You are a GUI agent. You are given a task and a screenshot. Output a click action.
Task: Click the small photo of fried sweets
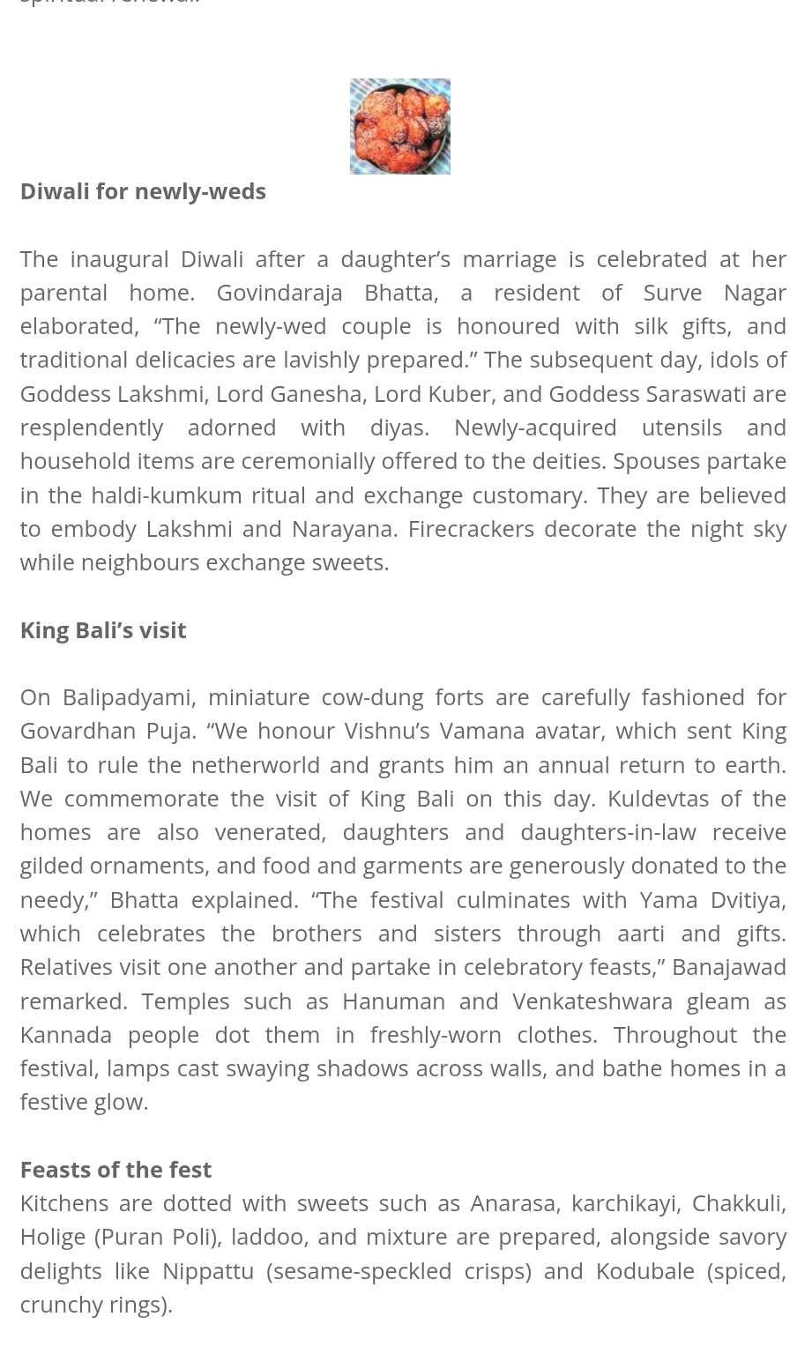coord(399,126)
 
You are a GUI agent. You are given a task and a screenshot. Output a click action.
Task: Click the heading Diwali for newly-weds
coord(143,191)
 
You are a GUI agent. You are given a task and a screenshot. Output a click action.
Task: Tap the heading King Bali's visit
coord(103,629)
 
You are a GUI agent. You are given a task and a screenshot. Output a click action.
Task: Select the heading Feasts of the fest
coord(115,1169)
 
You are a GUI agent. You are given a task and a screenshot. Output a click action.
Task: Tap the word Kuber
coord(459,393)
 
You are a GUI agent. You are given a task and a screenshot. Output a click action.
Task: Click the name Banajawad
coord(728,966)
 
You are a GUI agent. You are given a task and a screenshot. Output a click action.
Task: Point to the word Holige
coord(53,1237)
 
